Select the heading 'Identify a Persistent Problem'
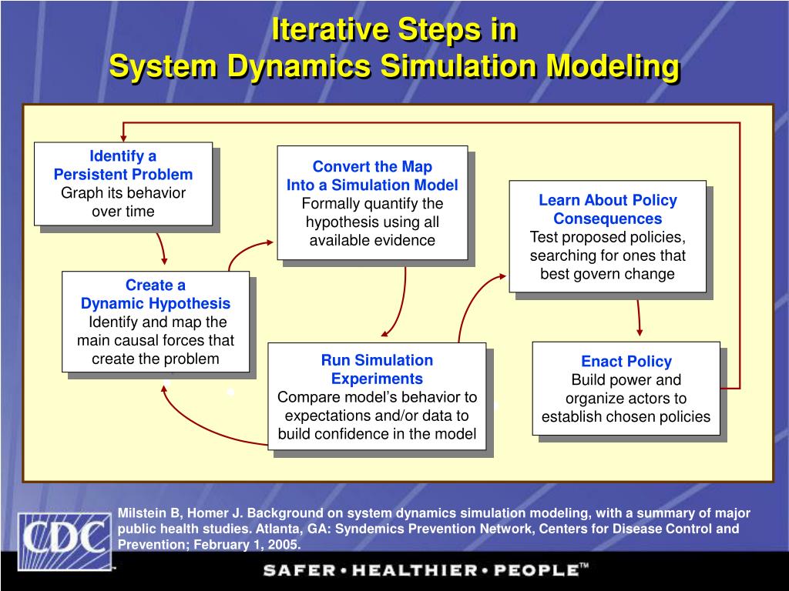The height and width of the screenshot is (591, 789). click(x=123, y=165)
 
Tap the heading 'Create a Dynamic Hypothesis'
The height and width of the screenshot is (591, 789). click(x=156, y=295)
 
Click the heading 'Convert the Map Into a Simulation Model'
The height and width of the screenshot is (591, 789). click(x=372, y=176)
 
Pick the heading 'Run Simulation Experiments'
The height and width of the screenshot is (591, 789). click(x=377, y=369)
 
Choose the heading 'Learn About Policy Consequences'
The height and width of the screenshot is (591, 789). click(x=607, y=209)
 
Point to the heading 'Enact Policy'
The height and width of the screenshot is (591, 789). click(x=626, y=361)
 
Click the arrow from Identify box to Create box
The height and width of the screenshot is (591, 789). click(x=162, y=248)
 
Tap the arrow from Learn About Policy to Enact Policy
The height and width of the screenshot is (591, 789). click(x=639, y=317)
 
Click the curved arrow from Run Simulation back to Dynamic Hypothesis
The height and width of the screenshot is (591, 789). click(x=193, y=423)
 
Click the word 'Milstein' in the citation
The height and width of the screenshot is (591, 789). click(x=141, y=513)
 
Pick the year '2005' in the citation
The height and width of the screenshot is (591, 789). click(x=283, y=545)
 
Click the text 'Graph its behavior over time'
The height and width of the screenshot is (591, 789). click(x=123, y=202)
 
